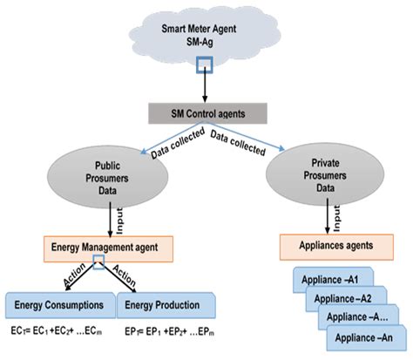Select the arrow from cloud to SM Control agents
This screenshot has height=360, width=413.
tap(204, 87)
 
